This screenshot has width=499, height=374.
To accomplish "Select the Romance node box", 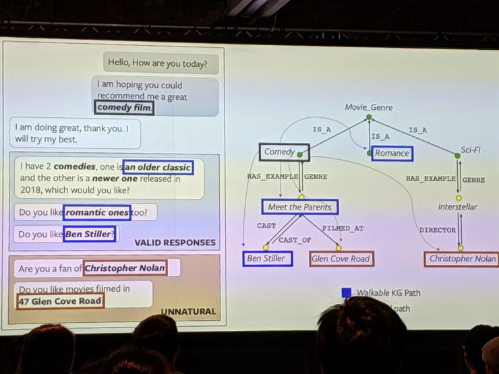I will (x=392, y=153).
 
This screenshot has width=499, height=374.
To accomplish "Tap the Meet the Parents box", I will (x=299, y=207).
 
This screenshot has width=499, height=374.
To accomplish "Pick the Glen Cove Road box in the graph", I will (x=341, y=259).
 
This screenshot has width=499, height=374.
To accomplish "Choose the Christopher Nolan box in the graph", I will (x=462, y=259).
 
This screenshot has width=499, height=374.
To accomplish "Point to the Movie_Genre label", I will (x=368, y=107).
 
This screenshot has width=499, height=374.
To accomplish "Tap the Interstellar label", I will (x=457, y=207).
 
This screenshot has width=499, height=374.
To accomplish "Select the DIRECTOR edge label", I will (x=437, y=230).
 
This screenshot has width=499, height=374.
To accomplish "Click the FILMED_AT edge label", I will (x=343, y=228).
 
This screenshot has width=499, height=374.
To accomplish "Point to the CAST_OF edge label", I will (x=295, y=240).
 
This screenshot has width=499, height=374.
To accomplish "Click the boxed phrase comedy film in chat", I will (x=124, y=107).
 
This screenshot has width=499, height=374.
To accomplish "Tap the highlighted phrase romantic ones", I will (x=97, y=212).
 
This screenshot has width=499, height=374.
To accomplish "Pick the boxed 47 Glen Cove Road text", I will (x=61, y=301).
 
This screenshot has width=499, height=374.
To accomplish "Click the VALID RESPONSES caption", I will (x=175, y=243).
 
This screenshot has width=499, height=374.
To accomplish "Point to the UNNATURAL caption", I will (x=188, y=311).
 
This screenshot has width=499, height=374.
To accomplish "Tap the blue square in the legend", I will (x=346, y=292).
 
